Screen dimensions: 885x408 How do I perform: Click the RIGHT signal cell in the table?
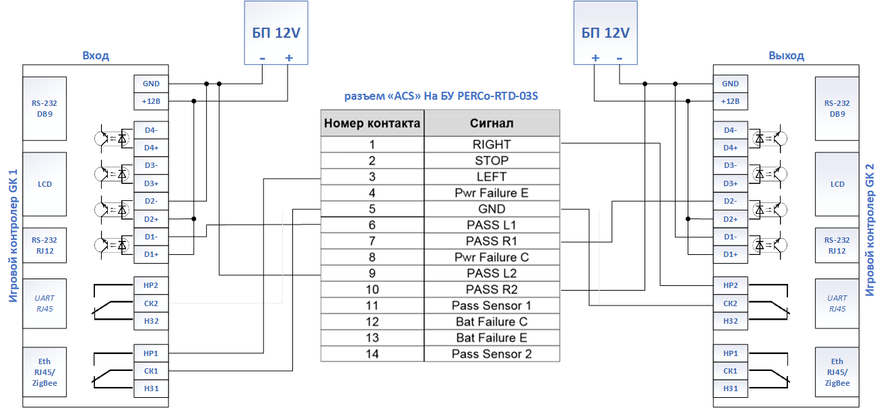492,144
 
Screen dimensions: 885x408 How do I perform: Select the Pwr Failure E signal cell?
492,193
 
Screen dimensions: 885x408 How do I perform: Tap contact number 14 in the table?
372,354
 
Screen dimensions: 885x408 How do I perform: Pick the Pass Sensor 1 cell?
492,305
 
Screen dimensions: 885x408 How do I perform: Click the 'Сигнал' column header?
492,123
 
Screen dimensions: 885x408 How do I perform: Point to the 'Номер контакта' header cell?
372,123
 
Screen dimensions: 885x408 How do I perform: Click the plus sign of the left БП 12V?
289,58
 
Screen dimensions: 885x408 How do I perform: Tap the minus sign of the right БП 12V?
619,58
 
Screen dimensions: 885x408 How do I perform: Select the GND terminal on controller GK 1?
152,84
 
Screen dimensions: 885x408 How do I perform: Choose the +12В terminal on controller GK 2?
731,101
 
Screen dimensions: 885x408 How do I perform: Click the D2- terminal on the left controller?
152,201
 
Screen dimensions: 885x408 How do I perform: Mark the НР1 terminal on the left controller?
152,353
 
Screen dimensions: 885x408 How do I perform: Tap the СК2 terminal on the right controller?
731,303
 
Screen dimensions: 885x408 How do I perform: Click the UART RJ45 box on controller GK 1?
44,303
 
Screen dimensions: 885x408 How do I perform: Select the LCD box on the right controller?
837,184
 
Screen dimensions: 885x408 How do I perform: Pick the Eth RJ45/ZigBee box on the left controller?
44,372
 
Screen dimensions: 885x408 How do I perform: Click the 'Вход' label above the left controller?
96,55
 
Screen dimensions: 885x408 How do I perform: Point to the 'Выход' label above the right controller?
786,55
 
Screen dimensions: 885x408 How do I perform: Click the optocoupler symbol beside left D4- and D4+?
112,139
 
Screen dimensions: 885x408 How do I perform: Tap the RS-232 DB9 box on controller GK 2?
837,109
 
